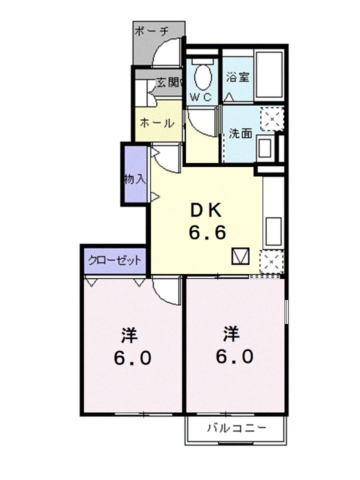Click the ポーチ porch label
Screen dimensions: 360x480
(151, 31)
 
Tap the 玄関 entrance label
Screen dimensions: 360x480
(168, 82)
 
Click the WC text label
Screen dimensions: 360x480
(201, 97)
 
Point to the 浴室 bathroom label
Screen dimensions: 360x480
(238, 77)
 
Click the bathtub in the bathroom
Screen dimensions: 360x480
(269, 74)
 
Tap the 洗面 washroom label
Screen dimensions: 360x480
(241, 133)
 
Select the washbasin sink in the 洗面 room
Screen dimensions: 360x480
(265, 148)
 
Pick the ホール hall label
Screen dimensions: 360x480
(157, 123)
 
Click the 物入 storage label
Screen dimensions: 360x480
(134, 179)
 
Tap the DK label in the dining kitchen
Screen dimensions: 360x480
(206, 210)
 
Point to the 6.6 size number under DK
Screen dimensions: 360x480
(207, 232)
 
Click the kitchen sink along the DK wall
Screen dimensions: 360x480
(273, 231)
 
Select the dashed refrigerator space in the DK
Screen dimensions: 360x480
(271, 261)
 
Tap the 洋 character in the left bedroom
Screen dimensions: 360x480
(129, 335)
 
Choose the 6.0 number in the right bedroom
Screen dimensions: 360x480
(235, 356)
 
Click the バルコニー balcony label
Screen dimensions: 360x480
(236, 427)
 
